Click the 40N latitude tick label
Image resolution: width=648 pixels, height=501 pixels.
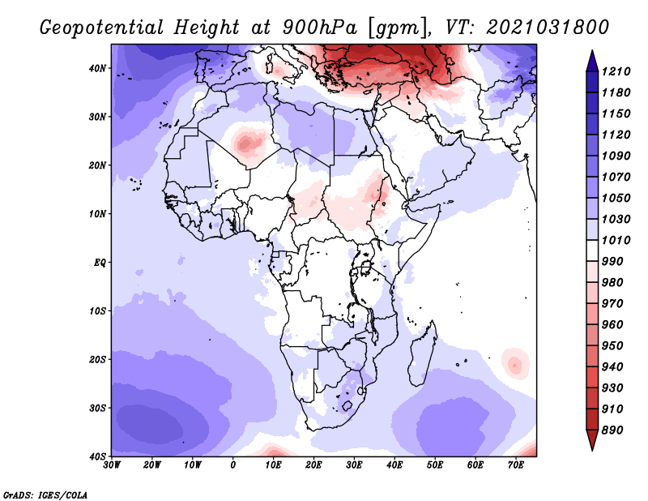[x=97, y=68]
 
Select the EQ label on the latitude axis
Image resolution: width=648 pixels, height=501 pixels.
[x=99, y=263]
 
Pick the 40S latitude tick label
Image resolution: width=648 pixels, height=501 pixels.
[x=97, y=456]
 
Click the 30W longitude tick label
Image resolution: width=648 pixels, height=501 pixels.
[x=112, y=465]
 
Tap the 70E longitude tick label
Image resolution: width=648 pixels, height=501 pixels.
[x=515, y=465]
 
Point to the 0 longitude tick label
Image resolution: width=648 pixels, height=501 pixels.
[x=233, y=465]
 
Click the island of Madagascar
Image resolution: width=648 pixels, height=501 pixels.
[x=420, y=363]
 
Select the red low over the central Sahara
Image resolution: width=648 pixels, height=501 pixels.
[x=246, y=144]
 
